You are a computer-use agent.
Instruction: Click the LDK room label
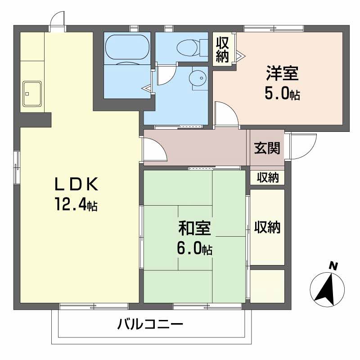(76, 185)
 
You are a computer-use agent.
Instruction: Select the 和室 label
(194, 229)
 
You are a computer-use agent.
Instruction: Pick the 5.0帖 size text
(282, 94)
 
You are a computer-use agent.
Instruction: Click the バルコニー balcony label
(151, 324)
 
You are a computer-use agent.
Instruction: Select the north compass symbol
(328, 288)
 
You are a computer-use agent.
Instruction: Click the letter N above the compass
(333, 265)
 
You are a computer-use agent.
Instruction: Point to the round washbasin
(197, 77)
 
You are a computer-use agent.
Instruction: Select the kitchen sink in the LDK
(31, 94)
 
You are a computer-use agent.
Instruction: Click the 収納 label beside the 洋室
(222, 49)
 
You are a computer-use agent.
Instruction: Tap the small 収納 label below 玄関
(268, 177)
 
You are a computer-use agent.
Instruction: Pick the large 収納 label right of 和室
(267, 227)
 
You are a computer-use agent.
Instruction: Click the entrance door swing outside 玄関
(297, 146)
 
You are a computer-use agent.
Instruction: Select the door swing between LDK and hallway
(155, 151)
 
